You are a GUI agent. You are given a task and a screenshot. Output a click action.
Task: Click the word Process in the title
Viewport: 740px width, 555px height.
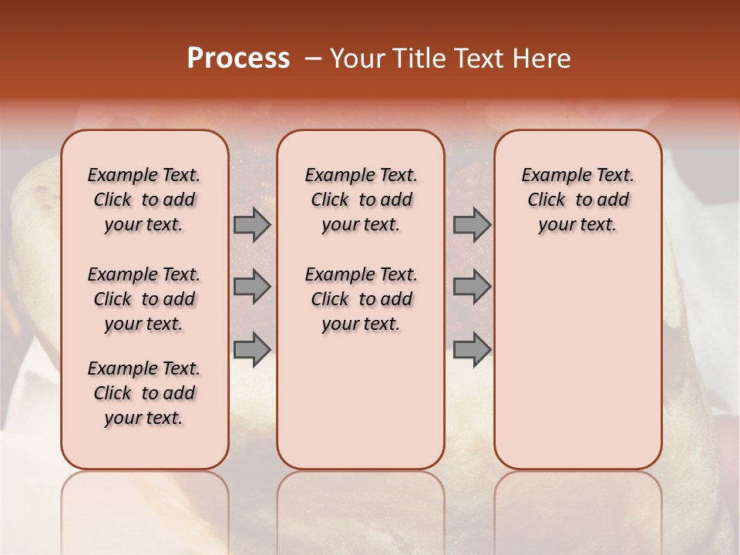[238, 59]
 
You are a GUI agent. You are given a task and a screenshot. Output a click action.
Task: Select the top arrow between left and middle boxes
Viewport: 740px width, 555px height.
[252, 225]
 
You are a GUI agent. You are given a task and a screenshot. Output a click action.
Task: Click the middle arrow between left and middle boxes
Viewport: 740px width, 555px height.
[252, 287]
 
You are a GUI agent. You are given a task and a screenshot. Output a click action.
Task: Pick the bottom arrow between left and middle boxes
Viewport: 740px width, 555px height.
[252, 348]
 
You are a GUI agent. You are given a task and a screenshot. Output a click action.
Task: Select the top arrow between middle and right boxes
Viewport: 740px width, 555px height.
[472, 225]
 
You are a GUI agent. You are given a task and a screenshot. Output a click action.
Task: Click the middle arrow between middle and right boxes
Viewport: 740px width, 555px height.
[472, 287]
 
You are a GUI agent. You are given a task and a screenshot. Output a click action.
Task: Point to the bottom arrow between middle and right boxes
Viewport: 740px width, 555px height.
[472, 348]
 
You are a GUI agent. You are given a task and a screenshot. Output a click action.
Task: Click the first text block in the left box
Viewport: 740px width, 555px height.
[144, 200]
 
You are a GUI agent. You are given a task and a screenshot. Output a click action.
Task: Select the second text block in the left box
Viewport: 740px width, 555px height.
[144, 299]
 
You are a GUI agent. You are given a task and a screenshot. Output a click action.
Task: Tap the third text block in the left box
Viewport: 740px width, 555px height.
[144, 393]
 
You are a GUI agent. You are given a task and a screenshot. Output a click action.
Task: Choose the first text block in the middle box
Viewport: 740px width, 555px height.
[361, 200]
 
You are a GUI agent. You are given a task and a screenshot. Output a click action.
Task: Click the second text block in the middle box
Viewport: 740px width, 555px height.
[361, 299]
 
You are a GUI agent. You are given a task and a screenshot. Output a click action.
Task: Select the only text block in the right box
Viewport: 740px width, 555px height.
[578, 200]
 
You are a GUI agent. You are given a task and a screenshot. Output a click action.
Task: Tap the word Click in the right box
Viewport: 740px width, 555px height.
[547, 200]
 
